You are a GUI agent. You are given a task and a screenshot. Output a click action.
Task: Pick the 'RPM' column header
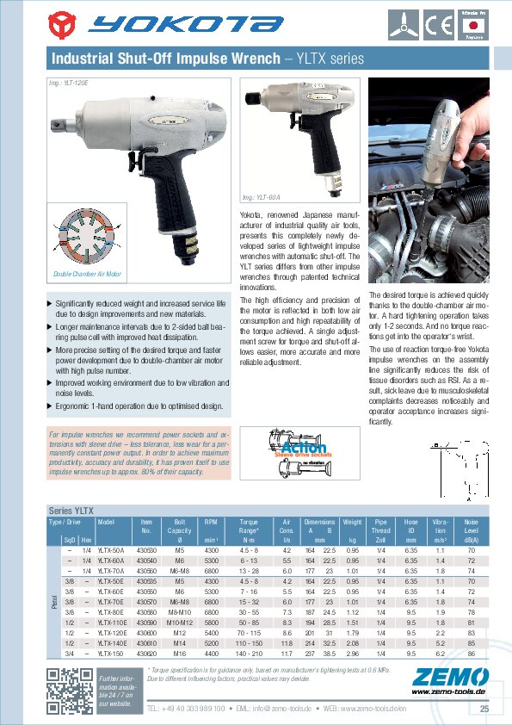211,522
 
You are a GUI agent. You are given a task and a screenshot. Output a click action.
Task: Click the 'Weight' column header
352,522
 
